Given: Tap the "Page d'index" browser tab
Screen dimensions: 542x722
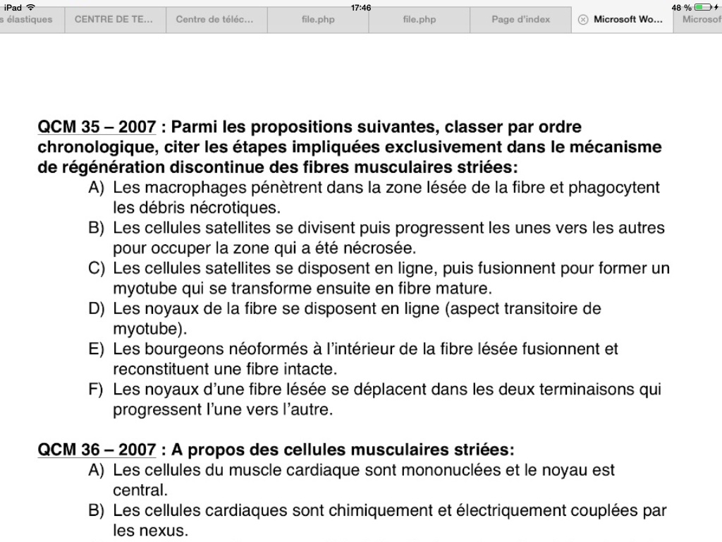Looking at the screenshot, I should coord(520,20).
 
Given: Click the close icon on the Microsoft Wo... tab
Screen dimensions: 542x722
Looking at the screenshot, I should coord(583,20).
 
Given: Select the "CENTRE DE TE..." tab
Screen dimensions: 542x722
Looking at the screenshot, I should coord(114,20).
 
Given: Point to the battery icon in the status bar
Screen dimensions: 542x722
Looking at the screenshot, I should coord(702,7).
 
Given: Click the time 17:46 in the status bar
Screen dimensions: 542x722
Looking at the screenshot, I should coord(361,7).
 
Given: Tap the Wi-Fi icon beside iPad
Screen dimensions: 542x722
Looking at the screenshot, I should coord(30,7).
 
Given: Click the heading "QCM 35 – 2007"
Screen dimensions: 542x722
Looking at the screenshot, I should coord(97,128).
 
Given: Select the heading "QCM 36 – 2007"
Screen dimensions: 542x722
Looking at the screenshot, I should coord(97,450).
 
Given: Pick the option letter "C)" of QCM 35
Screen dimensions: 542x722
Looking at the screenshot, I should coord(97,269).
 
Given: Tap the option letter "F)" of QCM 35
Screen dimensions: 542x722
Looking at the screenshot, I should coord(97,390).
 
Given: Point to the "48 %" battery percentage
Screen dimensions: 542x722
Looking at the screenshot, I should coord(681,7).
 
